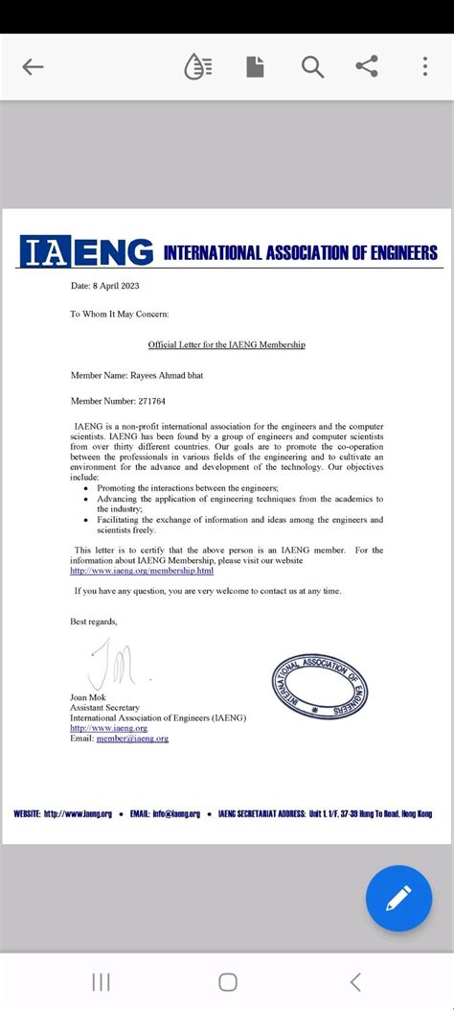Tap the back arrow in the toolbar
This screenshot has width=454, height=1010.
coord(34,67)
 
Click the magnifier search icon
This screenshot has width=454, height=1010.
coord(311,67)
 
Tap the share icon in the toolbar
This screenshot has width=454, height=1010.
coord(366,67)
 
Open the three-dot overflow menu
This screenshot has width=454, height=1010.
coord(425,67)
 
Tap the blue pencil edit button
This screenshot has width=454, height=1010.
coord(398,898)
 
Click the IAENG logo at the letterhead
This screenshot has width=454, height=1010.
coord(87,252)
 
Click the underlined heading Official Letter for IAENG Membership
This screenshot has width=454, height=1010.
coord(226,344)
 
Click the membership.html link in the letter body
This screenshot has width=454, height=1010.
coord(143,571)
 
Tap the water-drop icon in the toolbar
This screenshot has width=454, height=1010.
coord(198,67)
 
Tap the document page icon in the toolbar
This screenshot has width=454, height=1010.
coord(255,67)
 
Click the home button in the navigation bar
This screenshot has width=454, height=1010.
coord(227,981)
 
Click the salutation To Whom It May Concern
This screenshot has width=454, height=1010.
coord(120,314)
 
